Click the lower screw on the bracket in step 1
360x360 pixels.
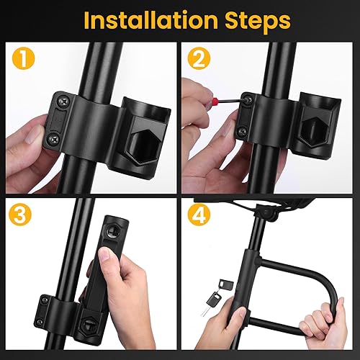click(x=52, y=139)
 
